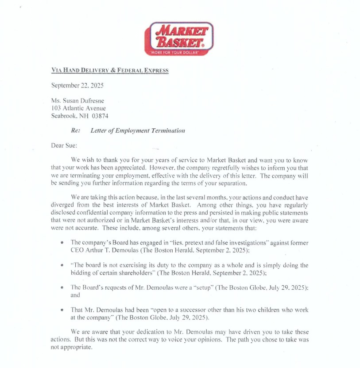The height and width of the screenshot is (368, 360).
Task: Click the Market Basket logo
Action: (x=179, y=38)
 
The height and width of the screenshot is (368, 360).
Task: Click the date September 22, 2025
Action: (x=77, y=85)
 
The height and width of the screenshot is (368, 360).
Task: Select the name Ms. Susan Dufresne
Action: (x=77, y=101)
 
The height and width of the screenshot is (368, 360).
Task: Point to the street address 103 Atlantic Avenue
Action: (x=78, y=108)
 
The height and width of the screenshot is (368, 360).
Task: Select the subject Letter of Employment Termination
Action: (x=138, y=131)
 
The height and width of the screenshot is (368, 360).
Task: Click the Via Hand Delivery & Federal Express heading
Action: (x=110, y=70)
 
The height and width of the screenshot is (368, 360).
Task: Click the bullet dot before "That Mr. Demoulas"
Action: (x=62, y=310)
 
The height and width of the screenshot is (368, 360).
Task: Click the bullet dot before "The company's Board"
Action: (x=62, y=243)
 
